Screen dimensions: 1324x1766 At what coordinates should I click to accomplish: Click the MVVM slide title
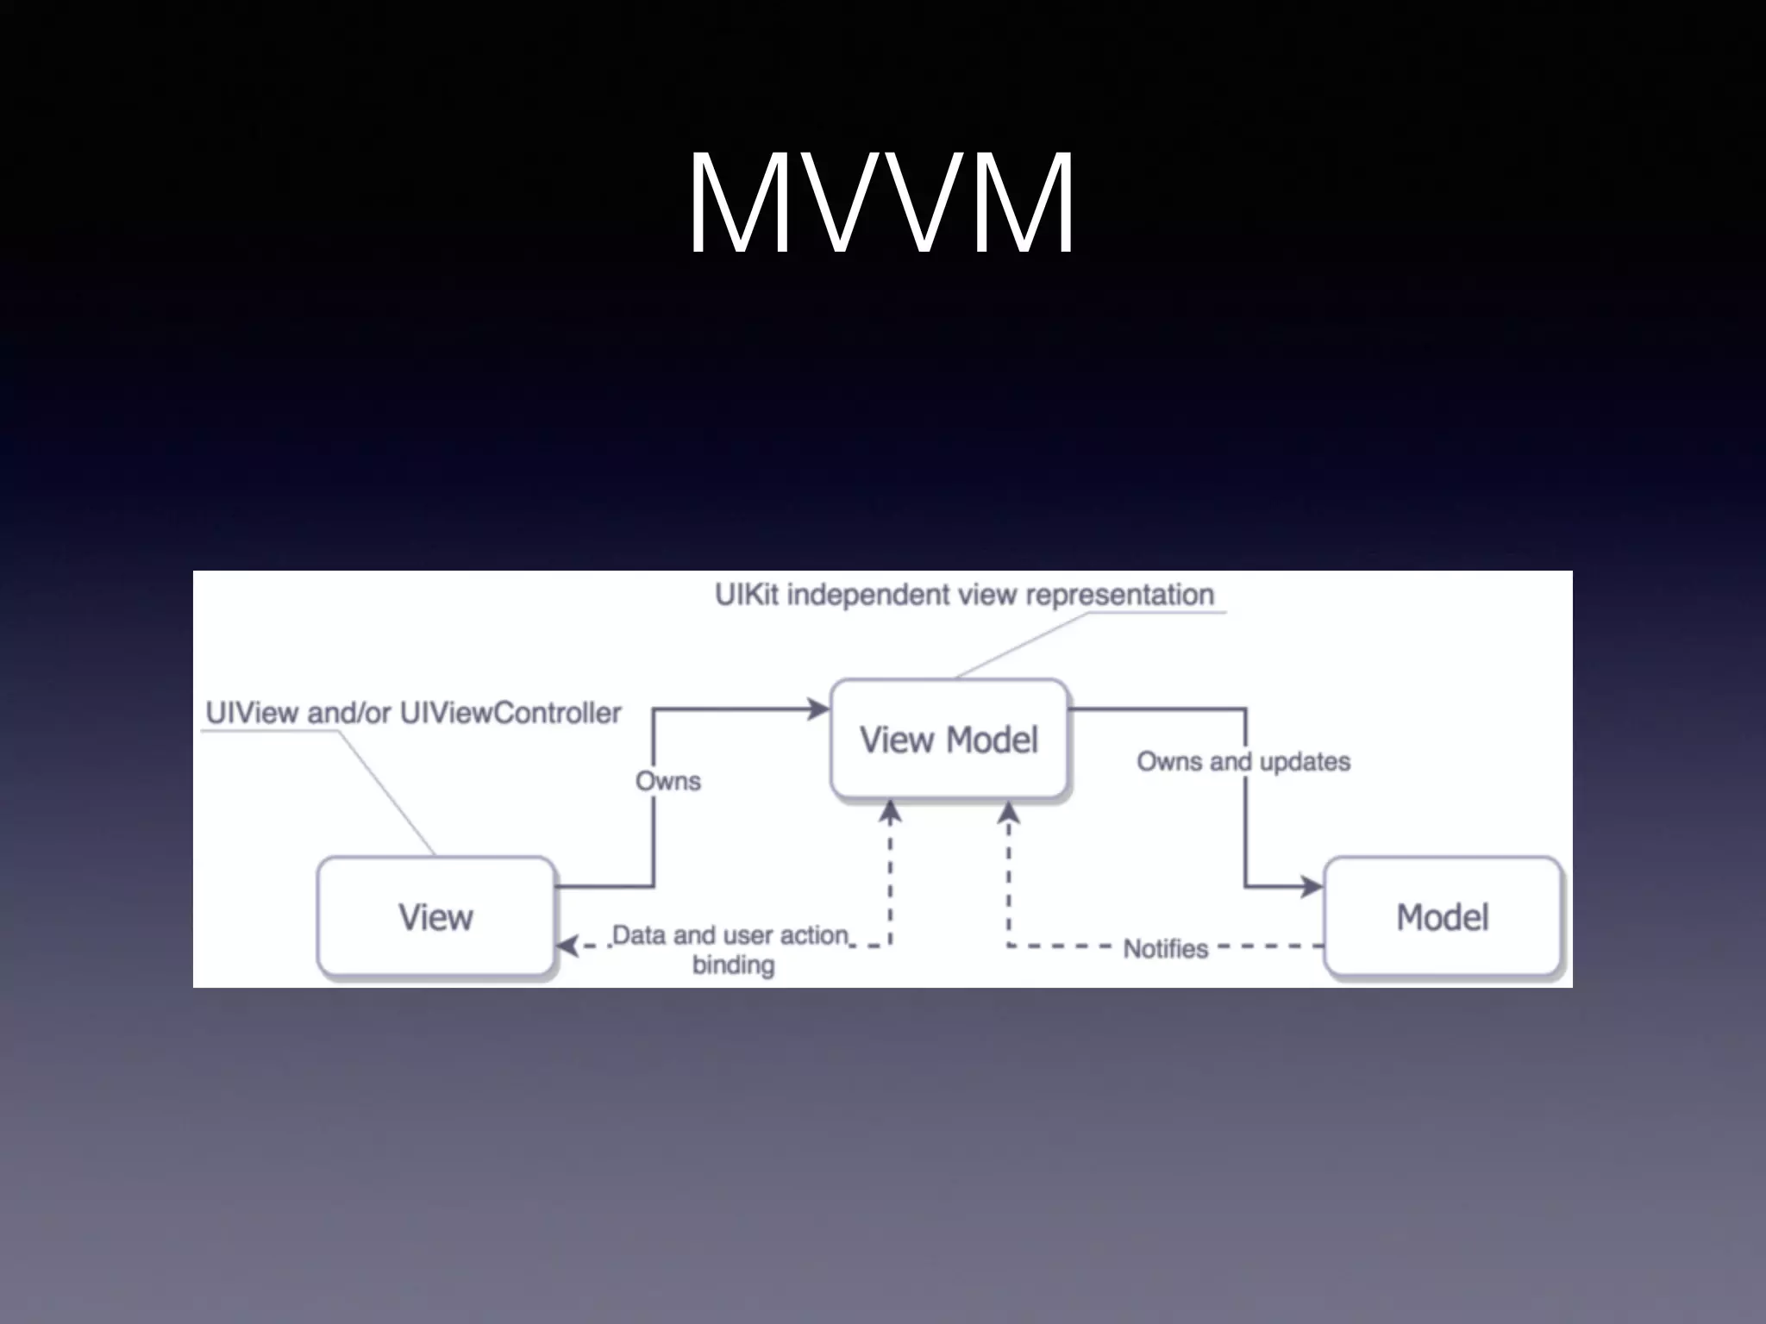pyautogui.click(x=881, y=203)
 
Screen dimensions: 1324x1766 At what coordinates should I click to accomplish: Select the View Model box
pyautogui.click(x=949, y=740)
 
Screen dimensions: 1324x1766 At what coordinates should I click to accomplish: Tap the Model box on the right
pyautogui.click(x=1443, y=917)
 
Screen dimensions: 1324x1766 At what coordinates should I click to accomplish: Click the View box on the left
pyautogui.click(x=435, y=917)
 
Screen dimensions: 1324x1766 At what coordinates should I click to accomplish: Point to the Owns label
pyautogui.click(x=668, y=781)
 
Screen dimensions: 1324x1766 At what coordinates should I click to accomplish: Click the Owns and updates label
pyautogui.click(x=1243, y=762)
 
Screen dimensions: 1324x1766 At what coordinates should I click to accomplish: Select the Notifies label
pyautogui.click(x=1166, y=949)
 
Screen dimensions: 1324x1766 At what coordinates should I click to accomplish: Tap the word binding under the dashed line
pyautogui.click(x=733, y=965)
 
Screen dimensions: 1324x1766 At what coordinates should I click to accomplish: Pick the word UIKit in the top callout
pyautogui.click(x=747, y=595)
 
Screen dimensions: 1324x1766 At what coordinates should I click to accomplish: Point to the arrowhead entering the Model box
pyautogui.click(x=1312, y=886)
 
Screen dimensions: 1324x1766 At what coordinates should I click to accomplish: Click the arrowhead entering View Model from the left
pyautogui.click(x=817, y=709)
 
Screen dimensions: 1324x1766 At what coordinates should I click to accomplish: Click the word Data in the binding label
pyautogui.click(x=640, y=935)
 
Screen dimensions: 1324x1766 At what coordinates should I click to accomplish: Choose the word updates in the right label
pyautogui.click(x=1305, y=762)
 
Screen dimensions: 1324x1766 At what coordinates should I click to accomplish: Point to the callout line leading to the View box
pyautogui.click(x=385, y=793)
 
